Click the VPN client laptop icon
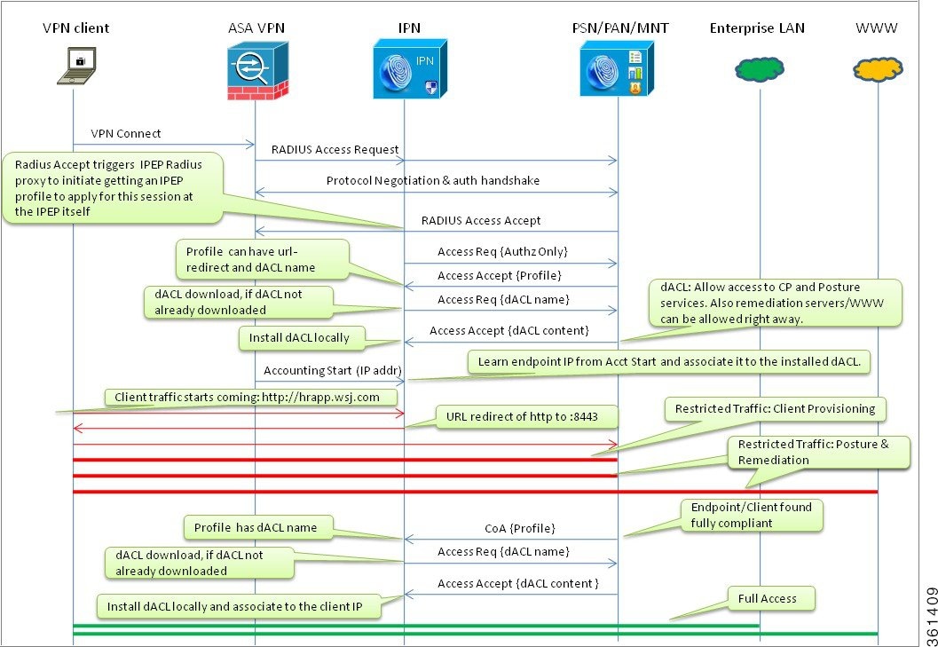coord(76,66)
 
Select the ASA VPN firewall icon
coord(257,70)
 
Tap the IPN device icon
coord(410,69)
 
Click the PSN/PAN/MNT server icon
coord(617,69)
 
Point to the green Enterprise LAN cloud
coord(759,69)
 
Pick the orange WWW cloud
coord(878,69)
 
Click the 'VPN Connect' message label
coord(126,133)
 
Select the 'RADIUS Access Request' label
coord(335,150)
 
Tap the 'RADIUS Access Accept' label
coord(481,220)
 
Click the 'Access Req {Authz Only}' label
coord(502,252)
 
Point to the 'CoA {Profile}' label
coord(520,528)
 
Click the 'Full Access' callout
coord(767,598)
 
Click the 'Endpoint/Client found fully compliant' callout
coord(752,515)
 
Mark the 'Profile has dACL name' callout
coord(256,528)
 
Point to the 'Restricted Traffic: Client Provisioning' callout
coord(776,409)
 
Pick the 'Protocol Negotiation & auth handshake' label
coord(433,180)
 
